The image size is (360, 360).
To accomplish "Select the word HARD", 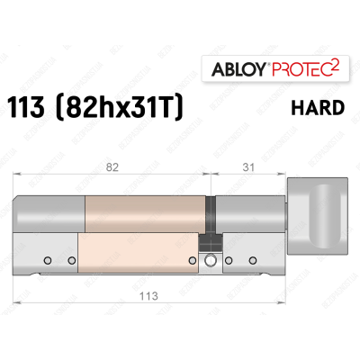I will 317,109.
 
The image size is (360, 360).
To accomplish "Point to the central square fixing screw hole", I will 211,261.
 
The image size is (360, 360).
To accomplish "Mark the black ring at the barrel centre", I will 211,212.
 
